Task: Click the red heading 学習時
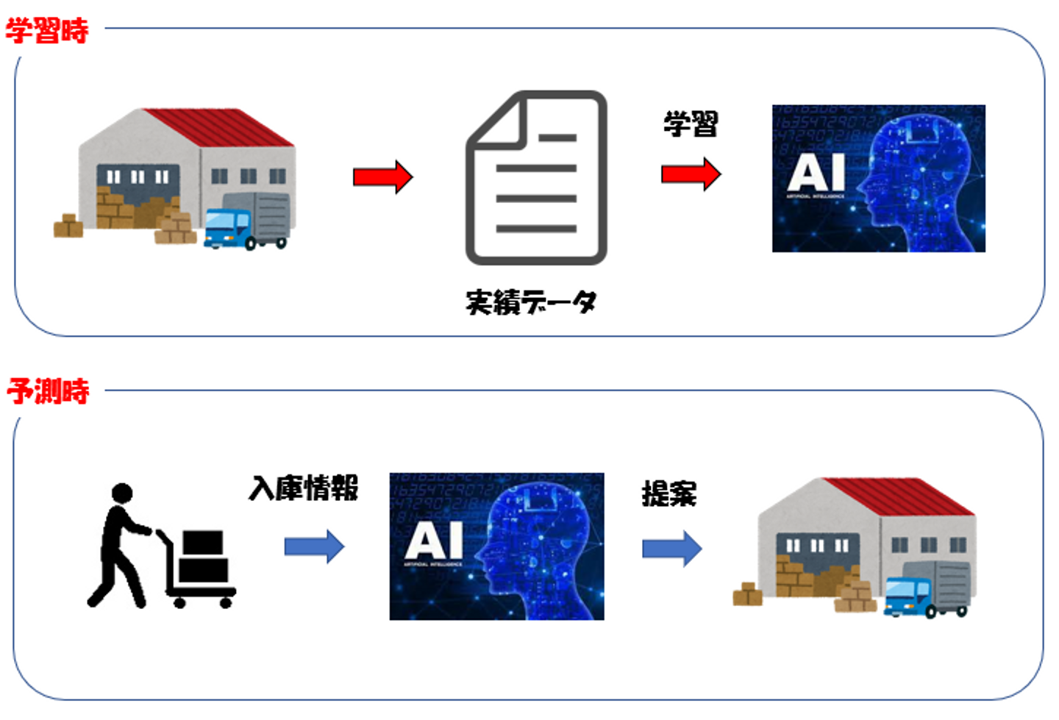pyautogui.click(x=47, y=31)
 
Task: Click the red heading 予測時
pyautogui.click(x=49, y=391)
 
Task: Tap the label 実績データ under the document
pyautogui.click(x=531, y=302)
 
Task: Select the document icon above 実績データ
pyautogui.click(x=537, y=177)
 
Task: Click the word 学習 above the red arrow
pyautogui.click(x=691, y=124)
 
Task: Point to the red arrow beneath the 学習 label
pyautogui.click(x=691, y=174)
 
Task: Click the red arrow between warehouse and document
pyautogui.click(x=382, y=177)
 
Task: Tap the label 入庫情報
pyautogui.click(x=304, y=488)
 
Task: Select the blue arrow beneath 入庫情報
pyautogui.click(x=314, y=547)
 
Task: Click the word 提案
pyautogui.click(x=669, y=493)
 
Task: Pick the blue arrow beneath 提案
pyautogui.click(x=671, y=549)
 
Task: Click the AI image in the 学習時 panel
pyautogui.click(x=878, y=179)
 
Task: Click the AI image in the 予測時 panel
pyautogui.click(x=496, y=546)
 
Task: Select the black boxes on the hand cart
pyautogui.click(x=203, y=557)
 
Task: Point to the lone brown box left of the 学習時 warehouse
pyautogui.click(x=68, y=227)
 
